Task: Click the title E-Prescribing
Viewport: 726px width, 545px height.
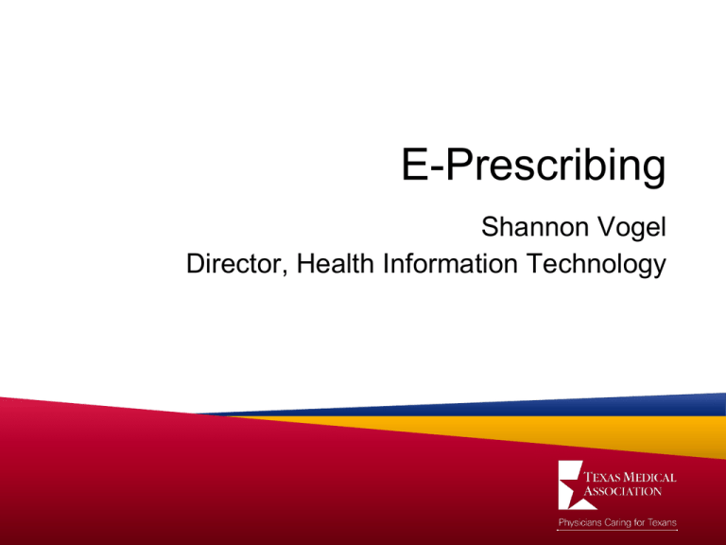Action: coord(530,169)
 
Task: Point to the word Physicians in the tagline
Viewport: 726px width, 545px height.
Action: coord(578,522)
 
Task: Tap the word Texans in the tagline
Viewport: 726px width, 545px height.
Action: coord(662,522)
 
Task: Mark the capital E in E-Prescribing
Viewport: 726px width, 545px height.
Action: coord(410,169)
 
